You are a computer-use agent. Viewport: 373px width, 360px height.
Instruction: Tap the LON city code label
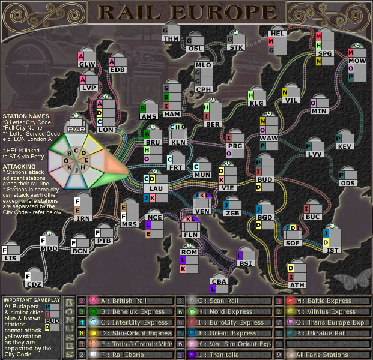[106, 129]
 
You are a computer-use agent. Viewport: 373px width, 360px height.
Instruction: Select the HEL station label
[277, 34]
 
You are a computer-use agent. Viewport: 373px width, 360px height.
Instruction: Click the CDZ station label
[34, 284]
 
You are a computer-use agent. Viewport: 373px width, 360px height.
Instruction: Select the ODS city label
[348, 183]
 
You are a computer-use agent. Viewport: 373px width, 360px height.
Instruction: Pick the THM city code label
[171, 38]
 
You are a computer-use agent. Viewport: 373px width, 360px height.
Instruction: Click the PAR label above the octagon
[77, 129]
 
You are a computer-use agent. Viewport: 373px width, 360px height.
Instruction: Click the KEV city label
[345, 147]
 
